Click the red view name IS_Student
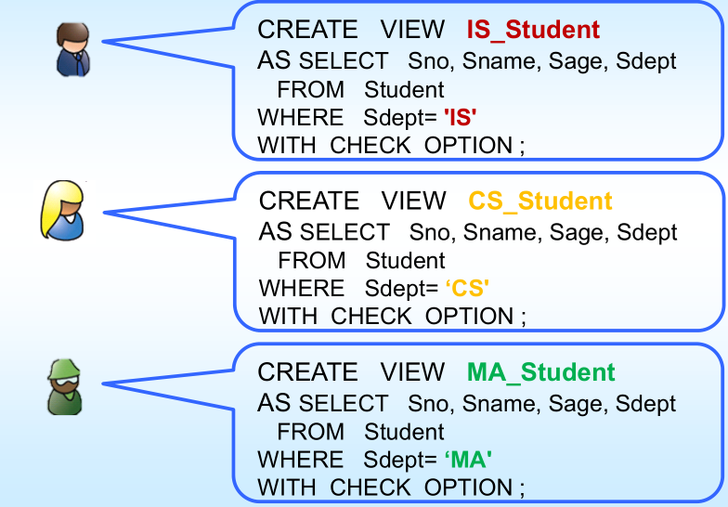(x=533, y=31)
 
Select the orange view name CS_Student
(x=540, y=201)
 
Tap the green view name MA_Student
(x=541, y=372)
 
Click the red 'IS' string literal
(x=461, y=117)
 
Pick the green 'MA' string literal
(x=468, y=459)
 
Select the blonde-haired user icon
(x=64, y=211)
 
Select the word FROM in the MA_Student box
(x=310, y=432)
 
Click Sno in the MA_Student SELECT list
(x=429, y=403)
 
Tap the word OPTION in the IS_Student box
(x=469, y=146)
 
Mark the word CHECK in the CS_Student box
(x=371, y=317)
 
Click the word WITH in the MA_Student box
(x=287, y=487)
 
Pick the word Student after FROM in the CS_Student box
(x=406, y=261)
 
